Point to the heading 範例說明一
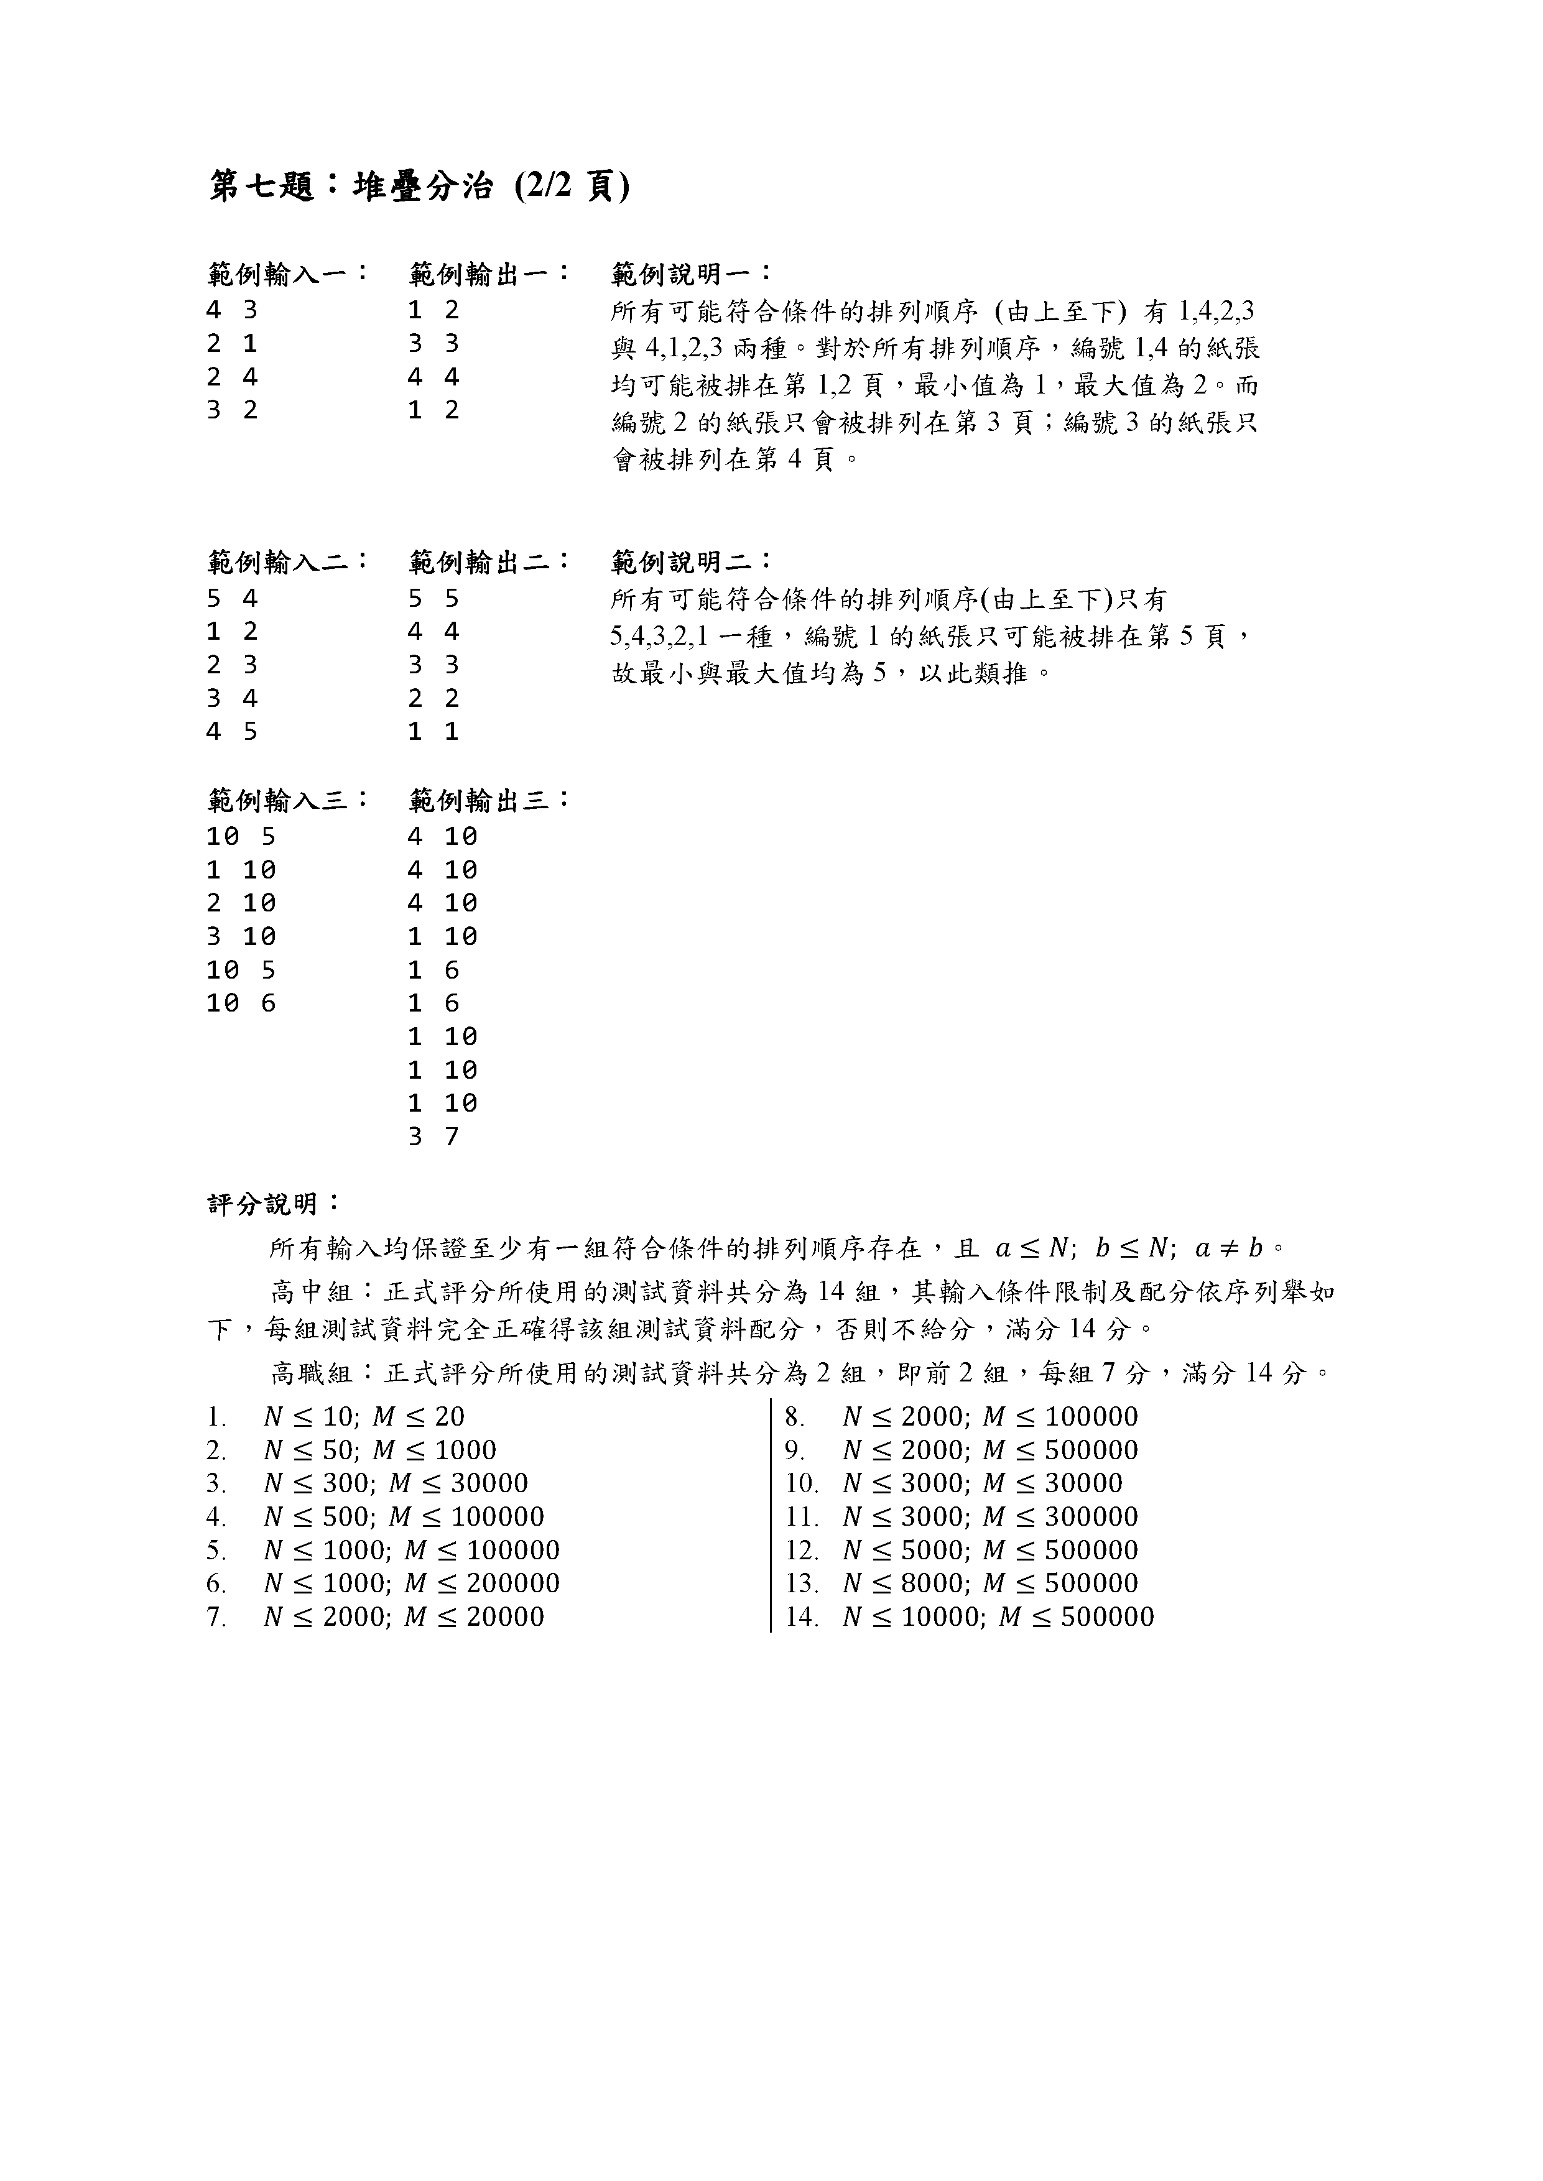692,275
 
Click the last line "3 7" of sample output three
433,1136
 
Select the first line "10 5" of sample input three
241,837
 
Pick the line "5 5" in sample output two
433,599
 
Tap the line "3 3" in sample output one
433,343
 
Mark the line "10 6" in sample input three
241,1003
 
